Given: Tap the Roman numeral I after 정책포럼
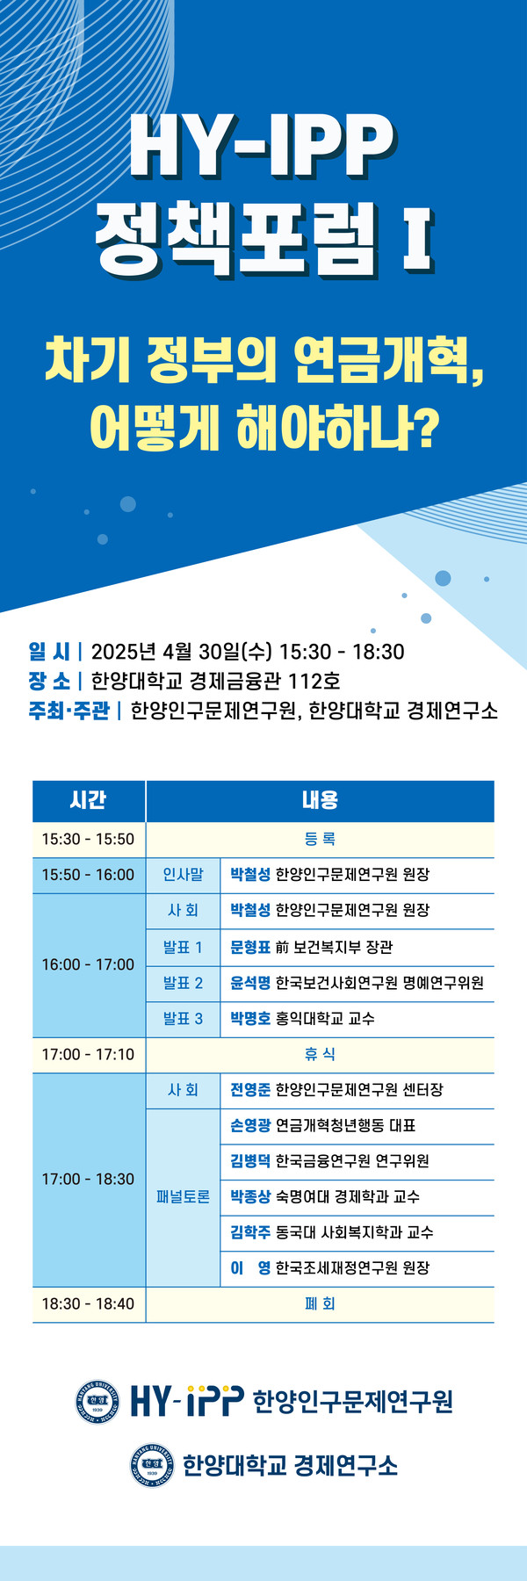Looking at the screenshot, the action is click(416, 237).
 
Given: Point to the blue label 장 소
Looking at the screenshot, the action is click(49, 681).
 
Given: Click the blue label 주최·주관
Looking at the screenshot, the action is click(69, 710).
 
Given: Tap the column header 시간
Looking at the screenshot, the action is click(88, 800).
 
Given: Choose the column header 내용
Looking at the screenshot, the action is click(320, 800).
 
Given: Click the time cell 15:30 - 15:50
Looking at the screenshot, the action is click(88, 839).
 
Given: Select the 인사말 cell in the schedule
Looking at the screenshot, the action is click(183, 875).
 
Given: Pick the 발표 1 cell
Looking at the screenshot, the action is click(183, 947).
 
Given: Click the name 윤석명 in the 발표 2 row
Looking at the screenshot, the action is click(250, 983).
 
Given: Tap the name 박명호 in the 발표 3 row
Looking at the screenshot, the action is click(250, 1019).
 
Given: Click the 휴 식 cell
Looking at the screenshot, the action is click(320, 1054).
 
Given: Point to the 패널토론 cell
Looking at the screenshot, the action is click(183, 1197).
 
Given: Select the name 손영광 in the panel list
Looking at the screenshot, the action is click(250, 1125).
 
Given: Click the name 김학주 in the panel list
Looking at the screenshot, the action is click(250, 1232).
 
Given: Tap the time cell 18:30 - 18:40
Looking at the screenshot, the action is click(88, 1304).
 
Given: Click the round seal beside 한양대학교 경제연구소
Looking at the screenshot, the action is click(152, 1465).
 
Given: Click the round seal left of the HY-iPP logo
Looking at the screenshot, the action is click(97, 1401).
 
